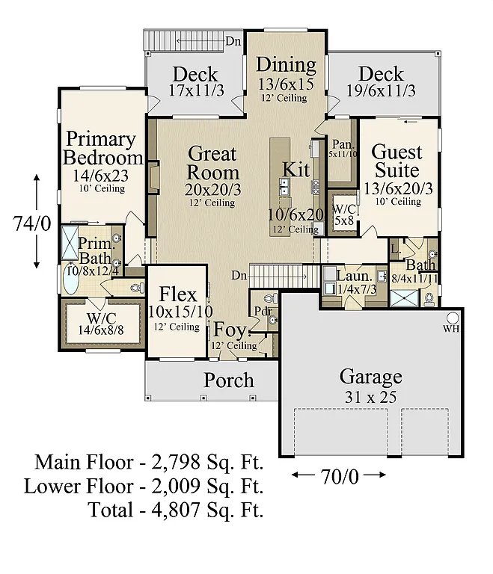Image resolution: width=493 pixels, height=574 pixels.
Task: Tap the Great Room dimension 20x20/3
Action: (212, 189)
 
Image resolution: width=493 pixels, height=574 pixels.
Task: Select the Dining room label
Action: (286, 64)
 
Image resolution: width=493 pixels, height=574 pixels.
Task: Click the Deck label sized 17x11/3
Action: (195, 74)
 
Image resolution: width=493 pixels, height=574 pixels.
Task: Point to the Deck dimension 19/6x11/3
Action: (381, 90)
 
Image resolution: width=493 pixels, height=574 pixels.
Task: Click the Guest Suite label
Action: (397, 161)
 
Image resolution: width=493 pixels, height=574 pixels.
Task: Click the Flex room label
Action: (178, 294)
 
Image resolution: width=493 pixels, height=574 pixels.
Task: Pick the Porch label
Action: (229, 380)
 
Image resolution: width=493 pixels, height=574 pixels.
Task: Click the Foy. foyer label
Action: (230, 330)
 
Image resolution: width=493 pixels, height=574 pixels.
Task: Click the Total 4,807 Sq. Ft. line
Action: (176, 511)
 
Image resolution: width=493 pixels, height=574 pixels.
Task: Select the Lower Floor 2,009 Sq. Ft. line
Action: (144, 487)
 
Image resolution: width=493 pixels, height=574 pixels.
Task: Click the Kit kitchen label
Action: (296, 169)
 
